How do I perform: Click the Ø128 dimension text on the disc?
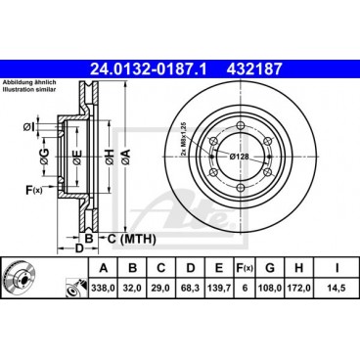click(x=242, y=157)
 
